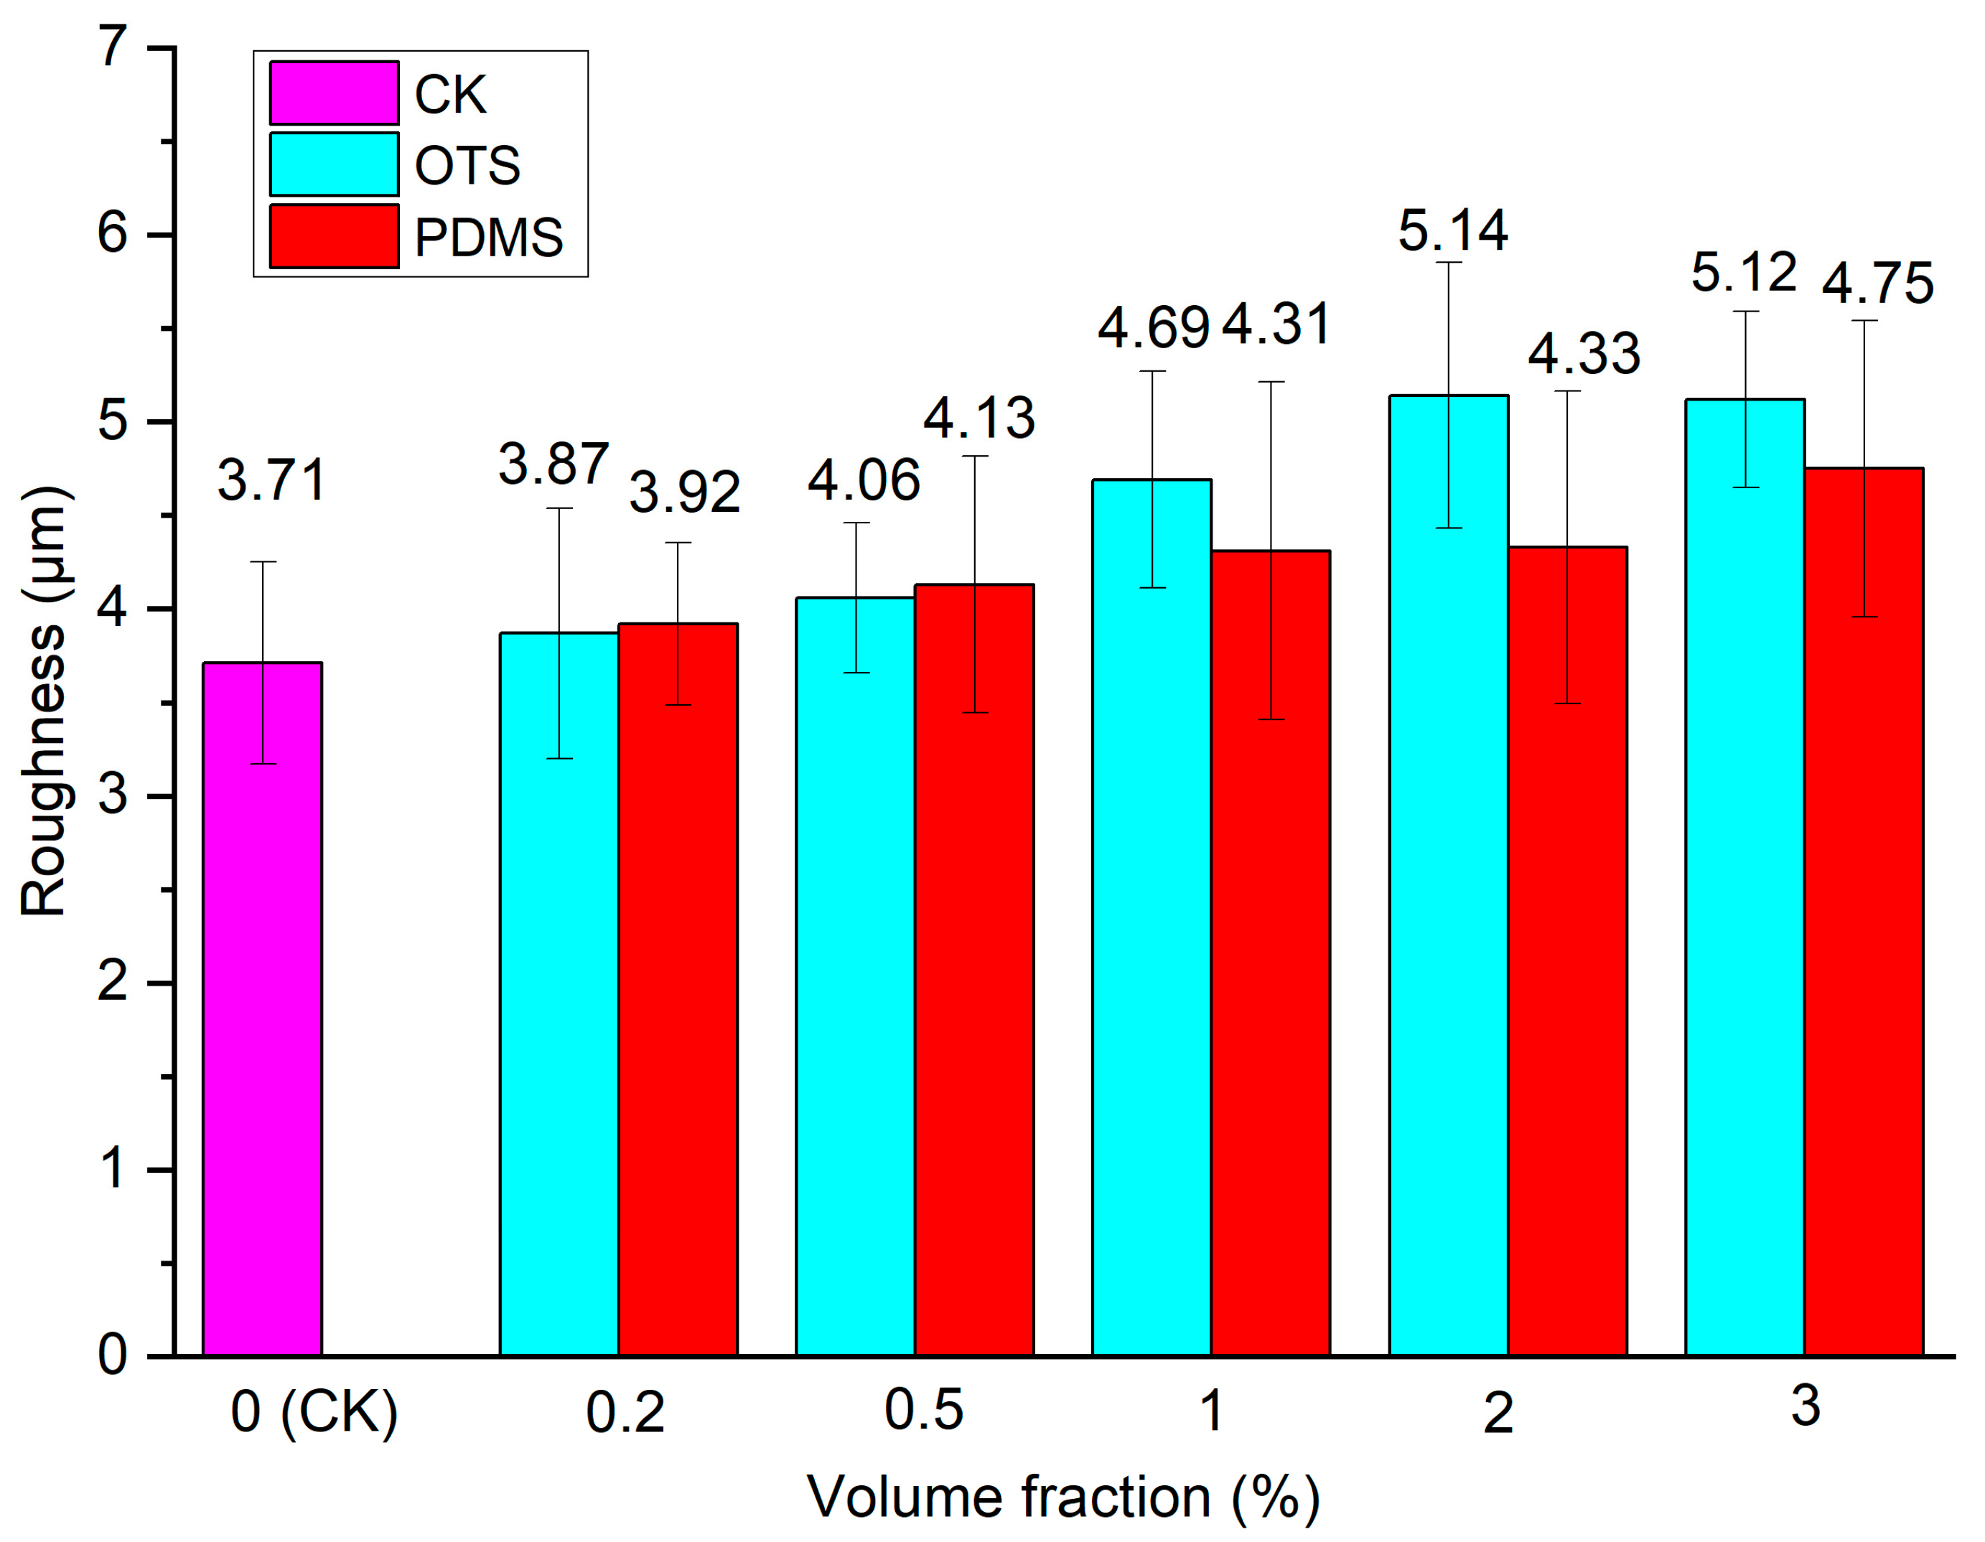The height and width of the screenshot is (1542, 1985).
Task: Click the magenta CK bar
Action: tap(263, 1009)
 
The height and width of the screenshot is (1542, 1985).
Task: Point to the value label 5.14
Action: tap(1452, 231)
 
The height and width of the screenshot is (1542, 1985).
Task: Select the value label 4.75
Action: tap(1878, 284)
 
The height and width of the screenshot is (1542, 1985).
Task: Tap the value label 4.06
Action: tap(864, 481)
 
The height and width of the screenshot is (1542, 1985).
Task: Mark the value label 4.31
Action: tap(1276, 324)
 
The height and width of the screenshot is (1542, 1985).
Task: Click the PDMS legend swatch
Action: tap(334, 236)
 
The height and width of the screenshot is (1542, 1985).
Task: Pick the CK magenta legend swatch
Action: tap(334, 93)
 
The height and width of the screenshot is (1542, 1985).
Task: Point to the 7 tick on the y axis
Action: tap(113, 47)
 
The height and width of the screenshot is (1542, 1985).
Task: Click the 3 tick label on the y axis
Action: tap(113, 796)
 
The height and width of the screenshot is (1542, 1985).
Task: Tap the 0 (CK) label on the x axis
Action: tap(314, 1413)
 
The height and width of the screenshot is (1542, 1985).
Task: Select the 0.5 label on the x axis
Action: tap(923, 1411)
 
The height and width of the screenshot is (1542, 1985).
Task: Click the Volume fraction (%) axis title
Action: tap(1063, 1497)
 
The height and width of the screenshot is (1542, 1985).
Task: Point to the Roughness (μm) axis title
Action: tap(44, 701)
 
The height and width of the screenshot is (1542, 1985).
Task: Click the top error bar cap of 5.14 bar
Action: tap(1449, 263)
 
